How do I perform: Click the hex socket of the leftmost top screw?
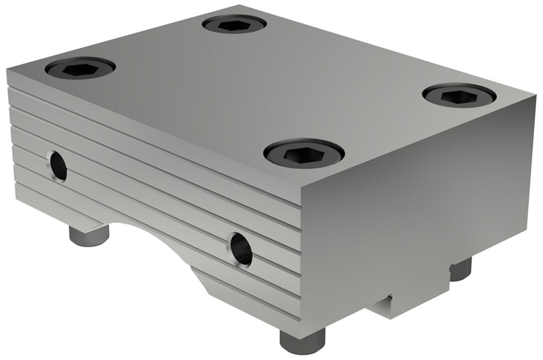(80, 68)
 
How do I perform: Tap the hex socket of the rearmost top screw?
(234, 24)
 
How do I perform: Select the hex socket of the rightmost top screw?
(459, 96)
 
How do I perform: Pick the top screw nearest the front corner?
(304, 154)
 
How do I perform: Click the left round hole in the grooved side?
(57, 166)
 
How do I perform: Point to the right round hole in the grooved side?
(241, 249)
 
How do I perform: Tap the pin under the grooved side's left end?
(89, 236)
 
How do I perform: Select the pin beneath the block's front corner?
(302, 340)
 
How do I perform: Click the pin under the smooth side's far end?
(460, 269)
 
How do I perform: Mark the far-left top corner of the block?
(8, 69)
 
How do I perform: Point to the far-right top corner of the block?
(534, 103)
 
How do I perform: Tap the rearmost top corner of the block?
(239, 6)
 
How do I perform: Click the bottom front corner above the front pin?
(301, 320)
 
